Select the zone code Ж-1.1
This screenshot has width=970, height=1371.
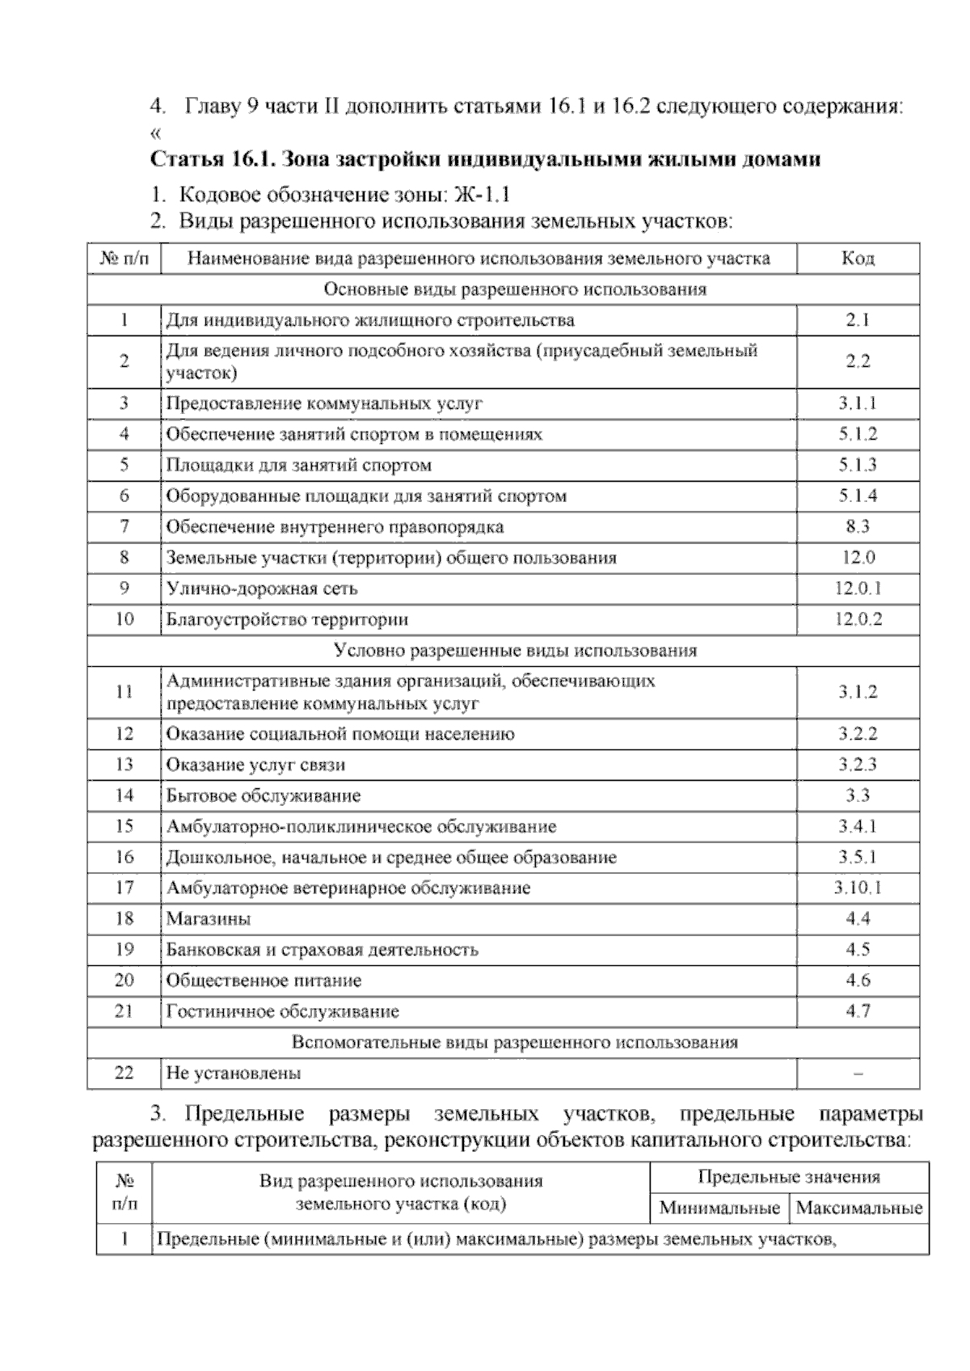[483, 195]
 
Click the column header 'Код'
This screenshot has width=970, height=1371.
[858, 259]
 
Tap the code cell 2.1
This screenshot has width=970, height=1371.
[858, 320]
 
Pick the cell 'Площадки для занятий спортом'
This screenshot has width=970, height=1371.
[299, 466]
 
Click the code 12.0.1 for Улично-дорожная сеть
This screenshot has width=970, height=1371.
[858, 588]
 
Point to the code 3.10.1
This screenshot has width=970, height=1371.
[858, 888]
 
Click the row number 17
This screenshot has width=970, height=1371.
[124, 888]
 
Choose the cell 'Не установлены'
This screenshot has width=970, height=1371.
[234, 1074]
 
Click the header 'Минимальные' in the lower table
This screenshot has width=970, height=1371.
[719, 1209]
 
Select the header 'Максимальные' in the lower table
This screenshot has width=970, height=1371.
[859, 1209]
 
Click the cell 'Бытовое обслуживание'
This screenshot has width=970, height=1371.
[264, 796]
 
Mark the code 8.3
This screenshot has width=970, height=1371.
[858, 527]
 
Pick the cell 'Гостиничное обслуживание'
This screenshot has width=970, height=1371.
[283, 1011]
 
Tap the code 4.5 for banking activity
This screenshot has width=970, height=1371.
[858, 950]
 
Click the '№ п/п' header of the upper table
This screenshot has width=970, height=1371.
[124, 259]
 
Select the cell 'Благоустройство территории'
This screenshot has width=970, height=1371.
[287, 620]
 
